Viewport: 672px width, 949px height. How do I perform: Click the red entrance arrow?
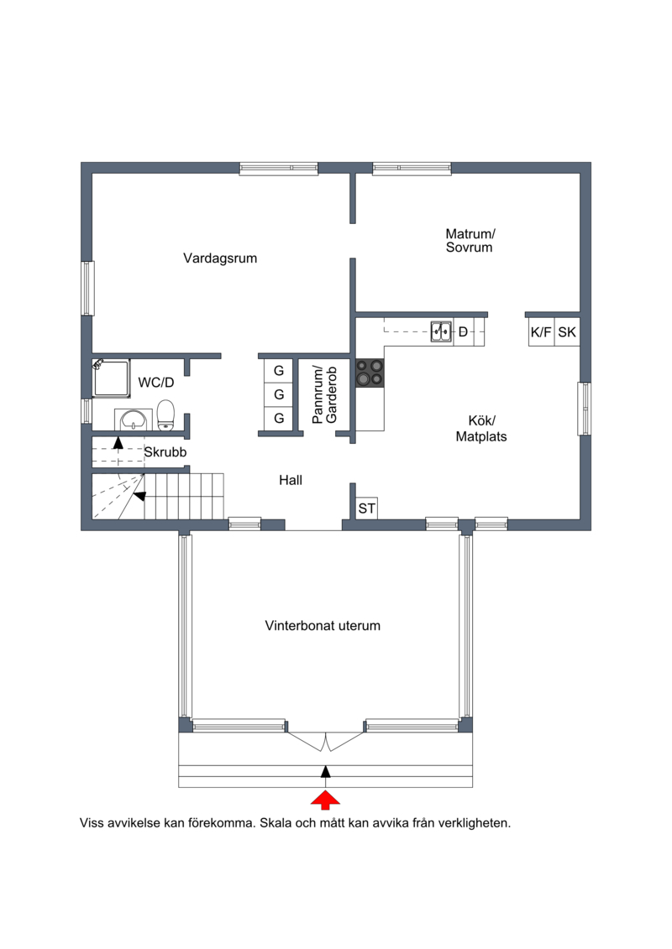(x=325, y=800)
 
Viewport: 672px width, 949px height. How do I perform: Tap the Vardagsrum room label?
(x=220, y=258)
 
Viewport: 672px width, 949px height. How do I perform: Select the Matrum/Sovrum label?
(x=470, y=240)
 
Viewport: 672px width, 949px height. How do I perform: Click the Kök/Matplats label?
(x=481, y=429)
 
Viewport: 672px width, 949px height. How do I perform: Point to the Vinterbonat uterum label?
(x=323, y=626)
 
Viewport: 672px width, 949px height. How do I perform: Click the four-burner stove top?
(x=370, y=373)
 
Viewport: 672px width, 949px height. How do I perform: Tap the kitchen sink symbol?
(x=441, y=331)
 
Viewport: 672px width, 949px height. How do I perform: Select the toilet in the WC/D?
(x=166, y=415)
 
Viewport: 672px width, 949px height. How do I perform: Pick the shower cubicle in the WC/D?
(x=111, y=378)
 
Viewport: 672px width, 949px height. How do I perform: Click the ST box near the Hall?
(x=366, y=508)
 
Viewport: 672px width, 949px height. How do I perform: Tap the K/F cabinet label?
(x=541, y=331)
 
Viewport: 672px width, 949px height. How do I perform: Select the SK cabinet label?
(x=567, y=331)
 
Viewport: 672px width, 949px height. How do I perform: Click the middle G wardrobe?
(x=279, y=394)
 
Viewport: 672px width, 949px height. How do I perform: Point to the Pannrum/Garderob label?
(x=324, y=394)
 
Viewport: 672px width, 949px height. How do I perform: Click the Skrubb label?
(x=165, y=452)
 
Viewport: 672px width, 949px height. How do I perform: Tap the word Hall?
(x=291, y=481)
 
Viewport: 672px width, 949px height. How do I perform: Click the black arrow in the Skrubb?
(x=118, y=442)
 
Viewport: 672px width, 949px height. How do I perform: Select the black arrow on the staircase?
(x=139, y=496)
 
